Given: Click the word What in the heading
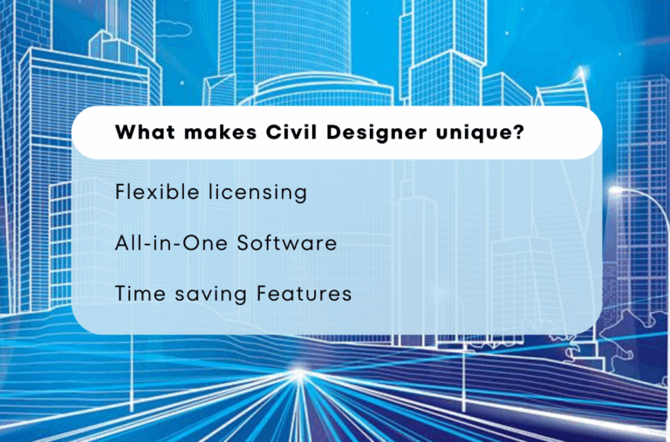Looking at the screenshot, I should [141, 133].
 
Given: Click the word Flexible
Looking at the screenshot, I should [152, 192].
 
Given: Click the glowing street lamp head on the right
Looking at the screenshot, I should [617, 189].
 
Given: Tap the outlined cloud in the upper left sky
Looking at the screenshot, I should [173, 29].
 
